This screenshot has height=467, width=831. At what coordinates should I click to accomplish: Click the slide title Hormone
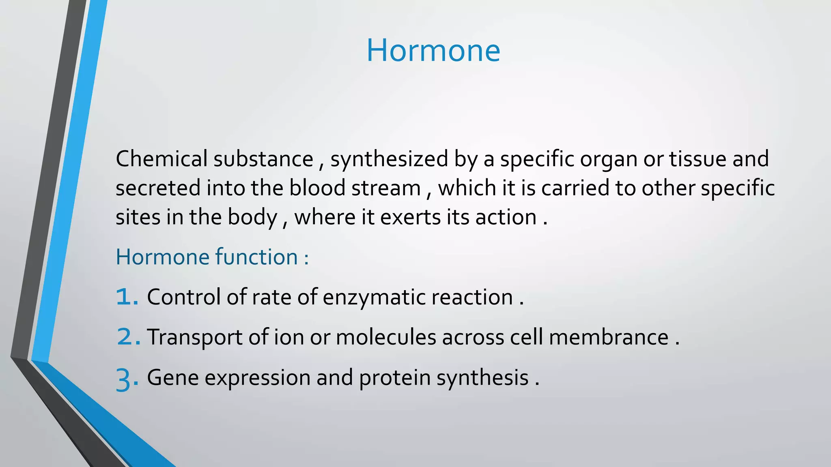(x=433, y=51)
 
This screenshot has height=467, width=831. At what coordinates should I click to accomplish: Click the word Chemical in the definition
(x=161, y=159)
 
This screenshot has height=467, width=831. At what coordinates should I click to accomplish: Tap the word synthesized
(x=389, y=159)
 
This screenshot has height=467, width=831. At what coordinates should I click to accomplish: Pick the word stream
(x=386, y=188)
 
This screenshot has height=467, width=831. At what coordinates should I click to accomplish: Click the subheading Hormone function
(x=212, y=257)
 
